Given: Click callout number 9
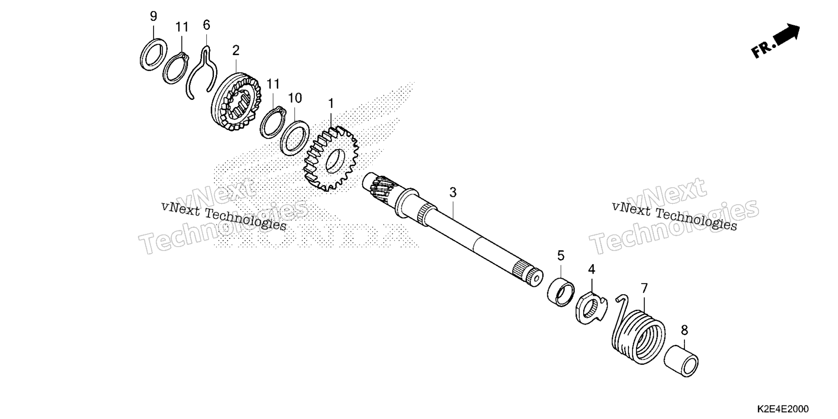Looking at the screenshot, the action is (153, 17).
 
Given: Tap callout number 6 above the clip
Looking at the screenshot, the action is (206, 25).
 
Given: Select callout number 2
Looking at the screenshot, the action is (236, 51).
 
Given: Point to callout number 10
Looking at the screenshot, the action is (295, 98).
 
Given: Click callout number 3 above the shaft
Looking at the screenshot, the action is (453, 192).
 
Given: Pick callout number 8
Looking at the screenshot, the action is (684, 330).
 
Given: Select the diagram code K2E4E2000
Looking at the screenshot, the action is (783, 409).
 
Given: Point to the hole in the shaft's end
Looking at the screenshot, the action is (535, 277).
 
